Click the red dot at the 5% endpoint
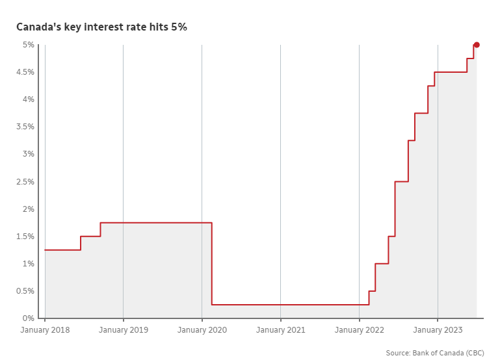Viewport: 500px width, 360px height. (477, 45)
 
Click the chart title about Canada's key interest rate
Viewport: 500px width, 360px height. (101, 27)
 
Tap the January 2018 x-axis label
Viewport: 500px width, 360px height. (45, 330)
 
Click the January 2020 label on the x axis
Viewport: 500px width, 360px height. (202, 330)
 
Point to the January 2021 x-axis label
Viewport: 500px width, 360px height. (280, 330)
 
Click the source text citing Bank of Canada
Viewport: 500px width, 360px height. (434, 353)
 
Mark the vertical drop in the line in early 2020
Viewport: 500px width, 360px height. (212, 263)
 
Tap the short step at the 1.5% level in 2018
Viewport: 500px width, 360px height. (90, 237)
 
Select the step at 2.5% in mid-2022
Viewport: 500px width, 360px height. (401, 181)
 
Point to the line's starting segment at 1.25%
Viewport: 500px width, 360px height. (62, 250)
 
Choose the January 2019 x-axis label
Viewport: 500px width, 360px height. (124, 330)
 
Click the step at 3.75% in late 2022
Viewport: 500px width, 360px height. (421, 113)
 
